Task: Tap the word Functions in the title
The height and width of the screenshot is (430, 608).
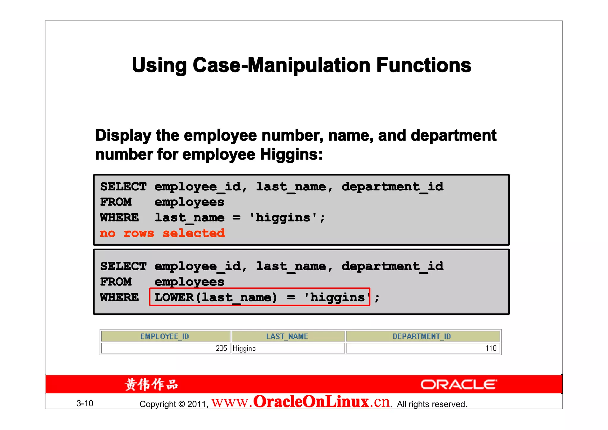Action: pos(424,65)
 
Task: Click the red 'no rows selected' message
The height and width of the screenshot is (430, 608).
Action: pos(162,233)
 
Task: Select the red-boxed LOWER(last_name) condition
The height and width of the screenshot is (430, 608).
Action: pos(259,297)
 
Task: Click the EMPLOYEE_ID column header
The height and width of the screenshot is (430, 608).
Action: pos(165,336)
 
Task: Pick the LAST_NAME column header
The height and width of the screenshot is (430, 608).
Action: pos(287,336)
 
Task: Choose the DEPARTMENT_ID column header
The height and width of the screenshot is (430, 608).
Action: pos(422,336)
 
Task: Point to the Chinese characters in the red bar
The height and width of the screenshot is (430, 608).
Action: pos(151,384)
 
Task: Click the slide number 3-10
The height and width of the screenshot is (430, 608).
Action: pos(85,403)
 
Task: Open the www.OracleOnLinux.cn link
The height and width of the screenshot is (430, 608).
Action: pos(300,402)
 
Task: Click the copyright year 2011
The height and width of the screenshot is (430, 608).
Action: pos(197,404)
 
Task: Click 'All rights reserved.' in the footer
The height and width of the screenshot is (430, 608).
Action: pos(432,404)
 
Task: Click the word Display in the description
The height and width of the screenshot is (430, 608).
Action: pos(123,135)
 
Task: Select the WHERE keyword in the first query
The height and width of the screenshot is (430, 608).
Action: pos(119,218)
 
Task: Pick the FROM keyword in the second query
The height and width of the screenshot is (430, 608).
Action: pos(116,282)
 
